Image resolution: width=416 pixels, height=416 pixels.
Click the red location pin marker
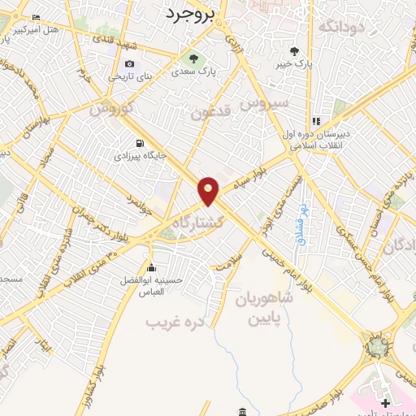point(209,190)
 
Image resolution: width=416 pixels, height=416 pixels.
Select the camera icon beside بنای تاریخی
point(129,65)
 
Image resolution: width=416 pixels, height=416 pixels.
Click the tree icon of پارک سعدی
point(193,57)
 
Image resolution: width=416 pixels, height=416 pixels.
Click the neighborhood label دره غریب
point(173,322)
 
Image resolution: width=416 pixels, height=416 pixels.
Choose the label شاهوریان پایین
point(262,306)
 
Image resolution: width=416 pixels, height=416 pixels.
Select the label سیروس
point(269,103)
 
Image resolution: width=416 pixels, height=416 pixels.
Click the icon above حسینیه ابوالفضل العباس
point(150,268)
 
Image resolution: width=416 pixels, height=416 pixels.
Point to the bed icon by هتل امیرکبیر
point(36,17)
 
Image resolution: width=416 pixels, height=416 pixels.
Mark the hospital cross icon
point(386,403)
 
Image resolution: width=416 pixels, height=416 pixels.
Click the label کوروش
point(111,106)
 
